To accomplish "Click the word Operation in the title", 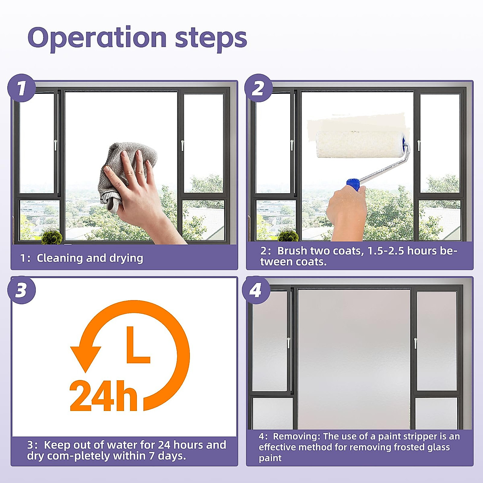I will (97, 38).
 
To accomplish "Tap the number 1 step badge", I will (21, 88).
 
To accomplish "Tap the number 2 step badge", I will (258, 88).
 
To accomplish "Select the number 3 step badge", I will (21, 290).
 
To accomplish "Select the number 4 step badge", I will (256, 290).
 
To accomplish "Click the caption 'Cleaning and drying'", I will (90, 258).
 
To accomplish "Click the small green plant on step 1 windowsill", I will (52, 236).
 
